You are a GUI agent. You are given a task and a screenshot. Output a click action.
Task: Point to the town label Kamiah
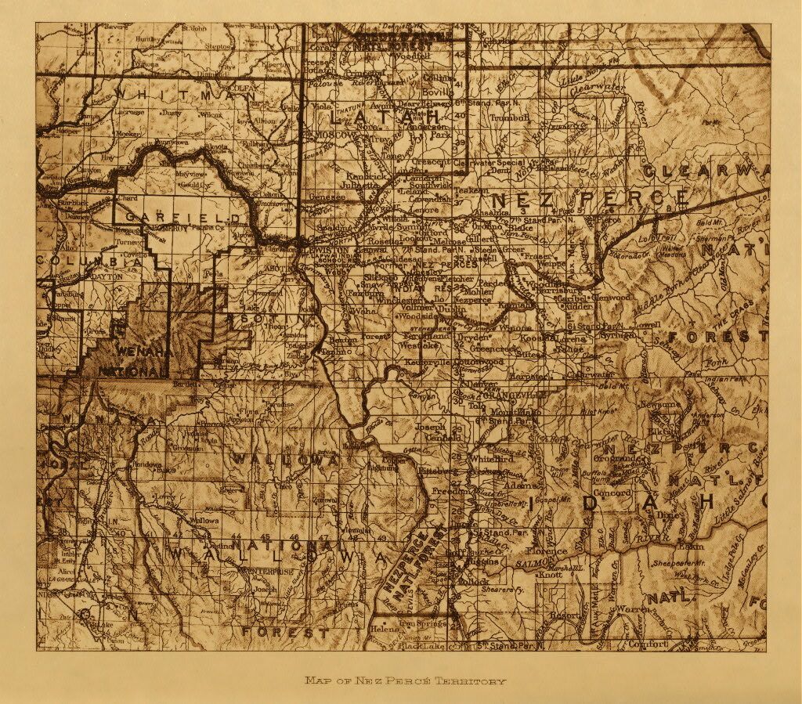pyautogui.click(x=513, y=303)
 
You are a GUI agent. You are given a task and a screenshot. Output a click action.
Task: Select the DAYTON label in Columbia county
pyautogui.click(x=107, y=276)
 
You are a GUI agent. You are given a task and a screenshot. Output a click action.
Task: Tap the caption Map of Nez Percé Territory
pyautogui.click(x=405, y=681)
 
